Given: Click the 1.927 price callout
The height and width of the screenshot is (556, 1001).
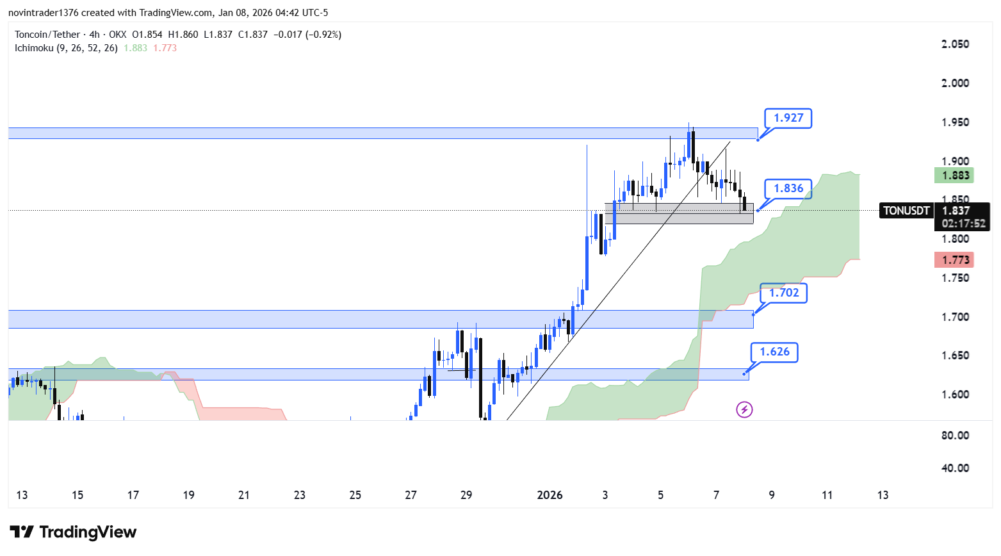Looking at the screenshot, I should (x=788, y=118).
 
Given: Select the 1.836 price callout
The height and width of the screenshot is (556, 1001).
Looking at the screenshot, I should (x=788, y=188).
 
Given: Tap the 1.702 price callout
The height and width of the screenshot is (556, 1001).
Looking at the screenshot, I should (x=783, y=293).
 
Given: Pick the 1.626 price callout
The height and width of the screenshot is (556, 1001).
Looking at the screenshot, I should (x=774, y=352).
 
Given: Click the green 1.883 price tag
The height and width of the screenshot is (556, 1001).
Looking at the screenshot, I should (x=954, y=176).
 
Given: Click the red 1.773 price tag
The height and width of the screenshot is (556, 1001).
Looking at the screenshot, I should (x=954, y=259).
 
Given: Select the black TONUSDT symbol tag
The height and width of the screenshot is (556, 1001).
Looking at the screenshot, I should (x=906, y=211).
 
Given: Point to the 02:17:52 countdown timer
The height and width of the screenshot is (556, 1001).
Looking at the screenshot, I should (x=963, y=224).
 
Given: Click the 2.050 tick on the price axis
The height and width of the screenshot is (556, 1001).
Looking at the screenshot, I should (x=955, y=44).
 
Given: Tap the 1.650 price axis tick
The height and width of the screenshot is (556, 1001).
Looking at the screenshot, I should (x=955, y=356).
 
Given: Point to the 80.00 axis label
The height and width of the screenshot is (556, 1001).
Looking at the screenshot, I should (x=955, y=436).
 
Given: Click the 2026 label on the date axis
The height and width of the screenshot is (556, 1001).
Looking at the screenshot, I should (x=549, y=495).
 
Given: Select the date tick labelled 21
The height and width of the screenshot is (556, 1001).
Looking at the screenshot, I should (x=244, y=495).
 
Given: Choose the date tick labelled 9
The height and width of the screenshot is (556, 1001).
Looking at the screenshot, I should (x=772, y=495).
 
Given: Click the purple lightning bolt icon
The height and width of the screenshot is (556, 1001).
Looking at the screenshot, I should (x=744, y=409).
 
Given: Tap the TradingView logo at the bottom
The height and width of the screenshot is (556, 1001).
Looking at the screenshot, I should (x=74, y=532).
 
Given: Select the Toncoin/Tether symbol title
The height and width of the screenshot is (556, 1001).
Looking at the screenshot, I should (x=47, y=35).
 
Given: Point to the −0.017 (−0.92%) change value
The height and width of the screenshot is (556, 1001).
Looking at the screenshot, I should (x=307, y=35).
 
